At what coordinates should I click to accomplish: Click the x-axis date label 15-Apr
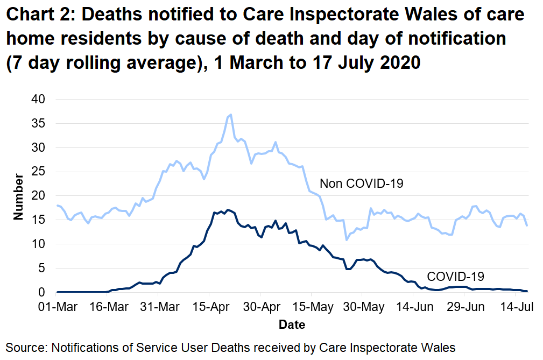[209, 307]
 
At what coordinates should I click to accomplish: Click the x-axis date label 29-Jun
[463, 307]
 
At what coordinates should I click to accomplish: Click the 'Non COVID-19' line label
[361, 184]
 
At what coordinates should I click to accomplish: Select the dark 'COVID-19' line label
[455, 277]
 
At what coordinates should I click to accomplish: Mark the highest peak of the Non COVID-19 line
[231, 115]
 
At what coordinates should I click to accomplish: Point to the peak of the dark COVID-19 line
[228, 209]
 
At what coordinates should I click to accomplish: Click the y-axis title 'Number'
[19, 196]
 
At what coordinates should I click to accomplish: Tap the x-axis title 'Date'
[292, 325]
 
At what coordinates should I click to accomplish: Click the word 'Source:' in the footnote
[26, 347]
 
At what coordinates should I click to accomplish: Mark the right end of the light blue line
[526, 225]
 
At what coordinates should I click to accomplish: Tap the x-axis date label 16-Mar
[107, 307]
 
